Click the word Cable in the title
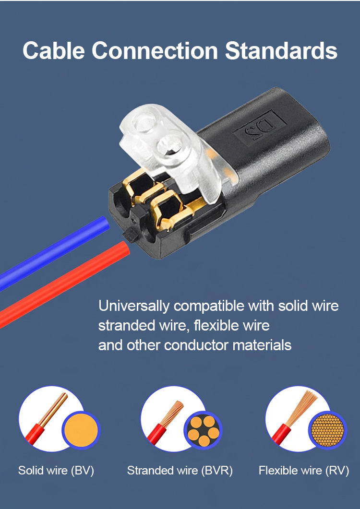pyautogui.click(x=54, y=51)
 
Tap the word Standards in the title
pyautogui.click(x=281, y=51)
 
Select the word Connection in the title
pyautogui.click(x=155, y=51)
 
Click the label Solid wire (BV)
pyautogui.click(x=56, y=470)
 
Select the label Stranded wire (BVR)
pyautogui.click(x=180, y=470)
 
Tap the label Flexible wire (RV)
pyautogui.click(x=304, y=470)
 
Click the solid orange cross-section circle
pyautogui.click(x=81, y=430)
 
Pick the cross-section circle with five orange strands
pyautogui.click(x=203, y=430)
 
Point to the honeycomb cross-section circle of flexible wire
pyautogui.click(x=327, y=430)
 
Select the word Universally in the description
pyautogui.click(x=134, y=306)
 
